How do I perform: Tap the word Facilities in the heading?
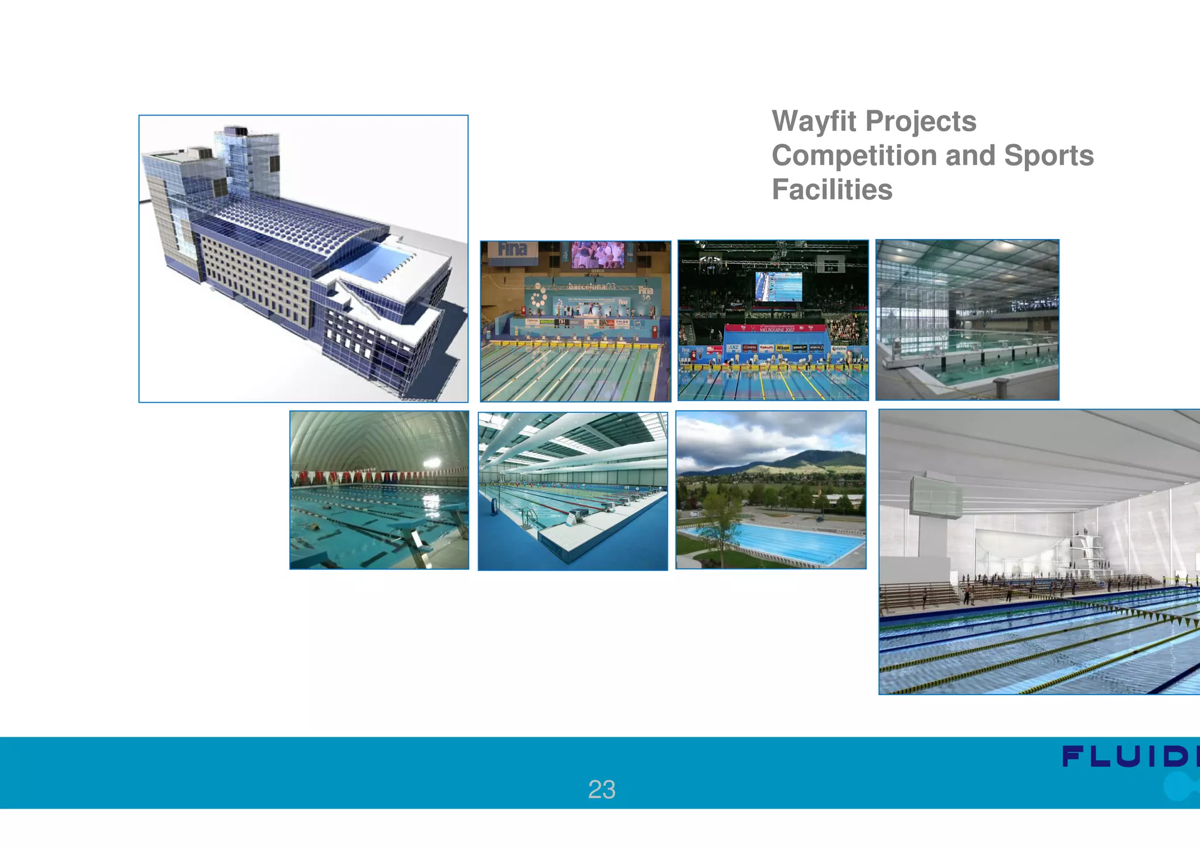831,190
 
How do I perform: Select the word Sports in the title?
1048,156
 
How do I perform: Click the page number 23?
601,789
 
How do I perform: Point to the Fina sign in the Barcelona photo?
512,250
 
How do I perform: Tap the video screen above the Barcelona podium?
597,255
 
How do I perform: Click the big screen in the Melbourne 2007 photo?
778,287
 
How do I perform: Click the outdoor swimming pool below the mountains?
773,542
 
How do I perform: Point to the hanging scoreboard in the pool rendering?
935,498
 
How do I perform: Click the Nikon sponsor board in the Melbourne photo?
782,348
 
